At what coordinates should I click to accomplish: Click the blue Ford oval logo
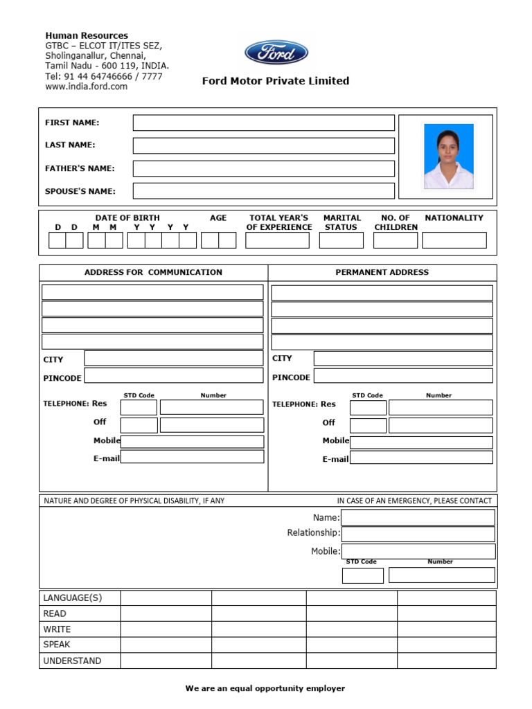(x=276, y=53)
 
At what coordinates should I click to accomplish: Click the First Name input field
(x=263, y=123)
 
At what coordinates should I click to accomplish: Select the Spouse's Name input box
(x=263, y=191)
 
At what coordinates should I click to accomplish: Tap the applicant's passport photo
(x=448, y=156)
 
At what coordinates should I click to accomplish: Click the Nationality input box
(x=454, y=240)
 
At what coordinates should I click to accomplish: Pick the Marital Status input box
(x=341, y=240)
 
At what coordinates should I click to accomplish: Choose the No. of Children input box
(x=395, y=240)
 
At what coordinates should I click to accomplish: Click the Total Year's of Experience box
(x=277, y=240)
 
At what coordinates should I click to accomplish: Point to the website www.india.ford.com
(x=86, y=87)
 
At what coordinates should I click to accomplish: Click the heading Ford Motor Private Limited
(x=276, y=81)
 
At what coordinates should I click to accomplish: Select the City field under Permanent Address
(x=402, y=359)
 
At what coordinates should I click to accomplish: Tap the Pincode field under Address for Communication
(x=173, y=376)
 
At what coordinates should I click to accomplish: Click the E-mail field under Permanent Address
(x=421, y=458)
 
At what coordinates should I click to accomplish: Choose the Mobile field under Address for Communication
(x=192, y=442)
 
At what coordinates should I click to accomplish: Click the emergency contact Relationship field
(x=418, y=534)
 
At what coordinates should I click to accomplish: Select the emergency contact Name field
(x=418, y=517)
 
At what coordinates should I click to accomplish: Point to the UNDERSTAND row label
(x=72, y=661)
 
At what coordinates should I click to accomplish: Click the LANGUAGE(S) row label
(x=72, y=598)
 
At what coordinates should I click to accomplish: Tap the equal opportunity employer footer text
(x=265, y=688)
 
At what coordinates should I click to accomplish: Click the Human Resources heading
(x=87, y=35)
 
